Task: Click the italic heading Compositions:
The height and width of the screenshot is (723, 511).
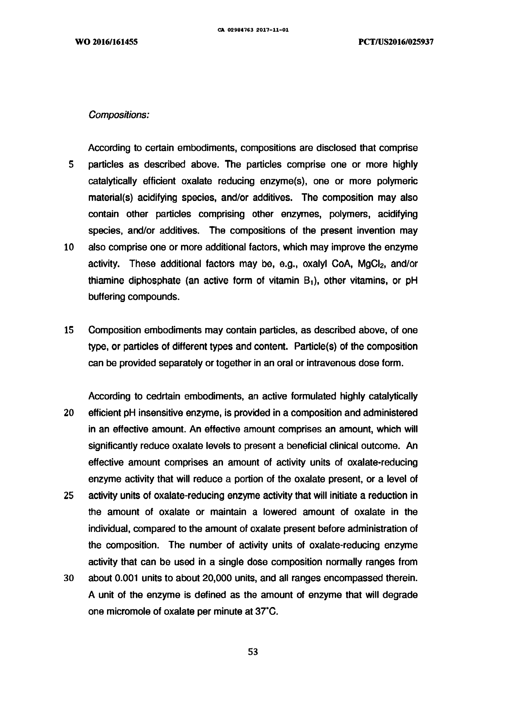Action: [119, 115]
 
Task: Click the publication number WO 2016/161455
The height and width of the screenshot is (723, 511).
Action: [106, 42]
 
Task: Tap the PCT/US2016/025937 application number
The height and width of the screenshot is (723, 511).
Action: [396, 42]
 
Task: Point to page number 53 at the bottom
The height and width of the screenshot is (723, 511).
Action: [253, 652]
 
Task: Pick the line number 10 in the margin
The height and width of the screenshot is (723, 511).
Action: [69, 247]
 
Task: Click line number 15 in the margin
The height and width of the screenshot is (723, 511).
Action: [69, 330]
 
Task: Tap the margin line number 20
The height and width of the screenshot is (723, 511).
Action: [69, 413]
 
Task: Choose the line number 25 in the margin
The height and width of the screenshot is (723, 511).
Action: [69, 496]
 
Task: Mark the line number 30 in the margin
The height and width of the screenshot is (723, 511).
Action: [69, 578]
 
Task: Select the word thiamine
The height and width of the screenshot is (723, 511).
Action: [105, 280]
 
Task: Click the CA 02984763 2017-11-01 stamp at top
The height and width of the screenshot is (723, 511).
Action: [253, 31]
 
